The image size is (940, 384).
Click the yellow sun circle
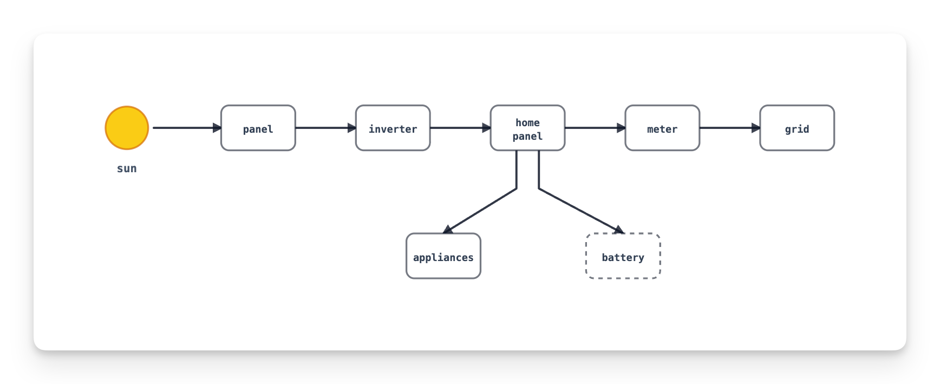(127, 128)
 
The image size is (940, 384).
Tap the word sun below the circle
(127, 168)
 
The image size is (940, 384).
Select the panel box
(258, 128)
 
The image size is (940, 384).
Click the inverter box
(393, 128)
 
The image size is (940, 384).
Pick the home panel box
(528, 128)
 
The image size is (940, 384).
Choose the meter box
(662, 128)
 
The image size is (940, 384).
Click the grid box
(797, 128)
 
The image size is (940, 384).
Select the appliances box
(443, 256)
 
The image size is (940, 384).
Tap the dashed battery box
(623, 256)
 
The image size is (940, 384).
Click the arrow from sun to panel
(187, 128)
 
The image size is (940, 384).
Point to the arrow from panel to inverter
(326, 128)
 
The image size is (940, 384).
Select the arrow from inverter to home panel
(461, 128)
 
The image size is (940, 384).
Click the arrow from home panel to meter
(596, 128)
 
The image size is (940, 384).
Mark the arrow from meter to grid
(730, 128)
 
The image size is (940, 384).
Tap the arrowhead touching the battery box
(619, 229)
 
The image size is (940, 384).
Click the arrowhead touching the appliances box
(448, 229)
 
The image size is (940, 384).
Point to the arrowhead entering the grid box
(756, 128)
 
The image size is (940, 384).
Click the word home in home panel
(528, 122)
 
